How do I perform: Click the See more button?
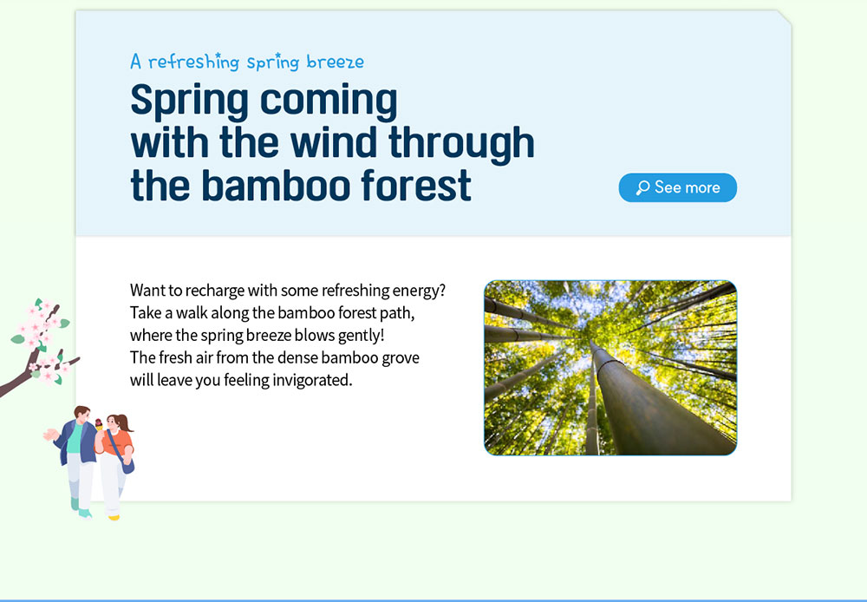(x=677, y=187)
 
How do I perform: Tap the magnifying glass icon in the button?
(x=642, y=187)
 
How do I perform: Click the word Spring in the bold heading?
(x=189, y=101)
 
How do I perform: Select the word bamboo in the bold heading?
(x=279, y=186)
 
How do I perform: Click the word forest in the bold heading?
(x=416, y=186)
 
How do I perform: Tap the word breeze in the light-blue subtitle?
(x=335, y=62)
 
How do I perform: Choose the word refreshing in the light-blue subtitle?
(x=193, y=62)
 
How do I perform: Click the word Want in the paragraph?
(x=147, y=291)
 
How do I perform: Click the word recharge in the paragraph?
(x=214, y=291)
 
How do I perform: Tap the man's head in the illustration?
(x=81, y=414)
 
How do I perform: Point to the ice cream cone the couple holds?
(x=99, y=424)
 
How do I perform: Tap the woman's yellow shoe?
(x=114, y=517)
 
